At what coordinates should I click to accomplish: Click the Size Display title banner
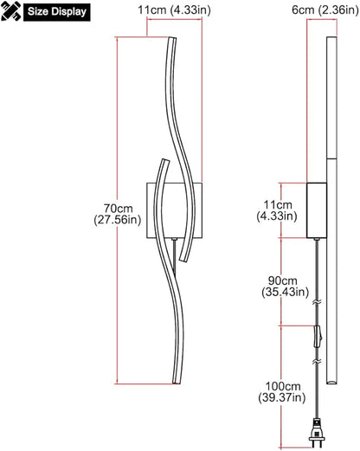tap(57, 12)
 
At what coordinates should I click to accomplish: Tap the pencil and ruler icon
tap(11, 11)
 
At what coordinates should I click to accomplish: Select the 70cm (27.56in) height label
tap(118, 214)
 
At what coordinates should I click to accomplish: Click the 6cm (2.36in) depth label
tap(325, 10)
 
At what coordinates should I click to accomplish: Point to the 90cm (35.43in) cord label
tap(286, 286)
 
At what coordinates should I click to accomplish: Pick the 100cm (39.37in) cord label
tap(282, 392)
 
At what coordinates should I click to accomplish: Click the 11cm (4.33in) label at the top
tap(174, 10)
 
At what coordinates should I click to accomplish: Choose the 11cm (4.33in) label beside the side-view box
tap(277, 210)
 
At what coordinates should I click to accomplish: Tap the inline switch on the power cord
tap(318, 337)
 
